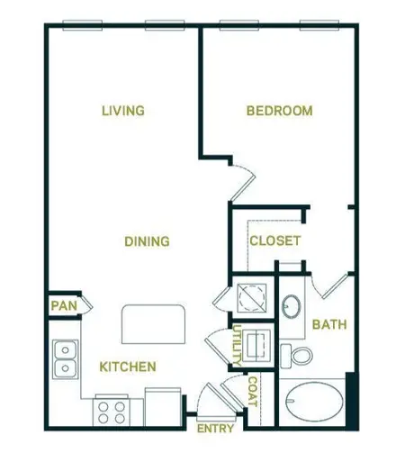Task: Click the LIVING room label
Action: pos(123,111)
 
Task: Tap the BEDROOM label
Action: pos(280,111)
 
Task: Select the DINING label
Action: pos(147,241)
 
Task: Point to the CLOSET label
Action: pos(274,241)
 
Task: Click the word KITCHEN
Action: pos(128,367)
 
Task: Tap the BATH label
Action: pos(329,325)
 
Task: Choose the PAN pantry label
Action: pos(62,306)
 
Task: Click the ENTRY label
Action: pos(215,429)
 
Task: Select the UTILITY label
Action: pos(237,346)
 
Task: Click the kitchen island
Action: pos(155,322)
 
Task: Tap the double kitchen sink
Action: pos(64,359)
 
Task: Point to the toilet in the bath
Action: pos(297,354)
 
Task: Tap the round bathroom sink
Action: pos(292,307)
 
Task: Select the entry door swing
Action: pos(213,401)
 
